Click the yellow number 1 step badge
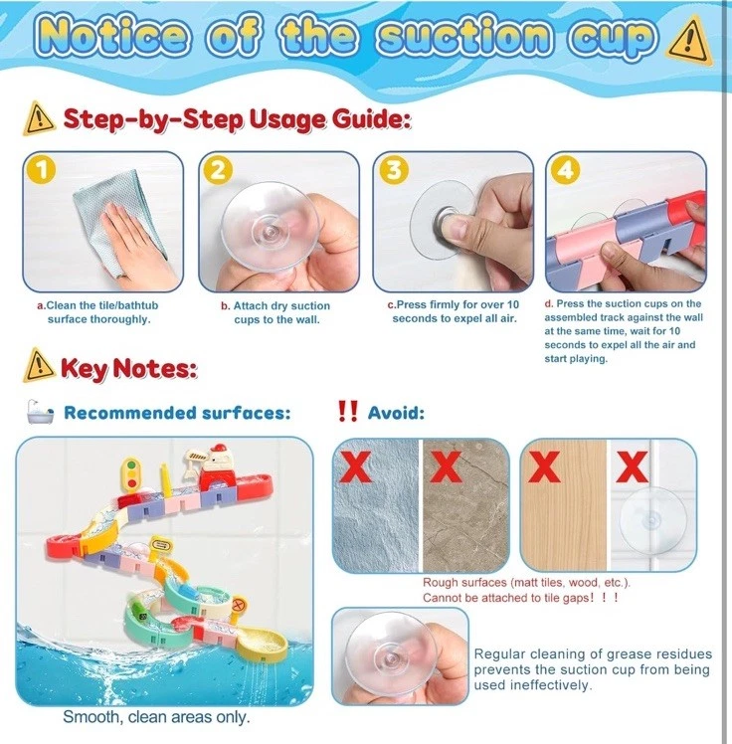click(x=41, y=170)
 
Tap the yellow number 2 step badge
click(x=218, y=170)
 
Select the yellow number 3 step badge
click(x=394, y=170)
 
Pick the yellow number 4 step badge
click(x=566, y=170)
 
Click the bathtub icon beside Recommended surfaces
click(x=40, y=412)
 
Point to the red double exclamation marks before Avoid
click(x=348, y=411)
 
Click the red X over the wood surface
click(x=545, y=465)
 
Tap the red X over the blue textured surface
click(x=355, y=465)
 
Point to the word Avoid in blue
click(x=396, y=413)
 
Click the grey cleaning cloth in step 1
click(x=118, y=222)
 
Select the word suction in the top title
click(x=465, y=36)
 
